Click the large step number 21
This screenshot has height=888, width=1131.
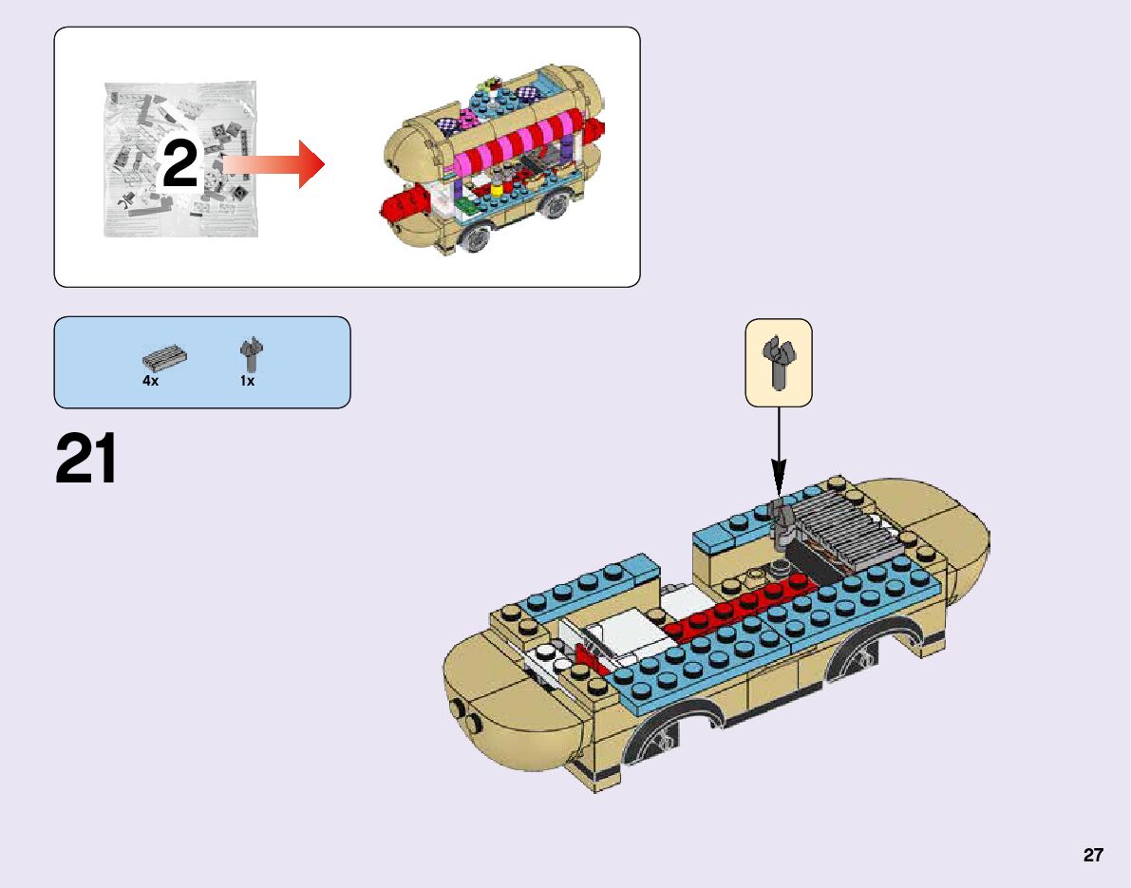pos(86,459)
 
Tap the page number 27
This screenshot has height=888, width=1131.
pos(1093,855)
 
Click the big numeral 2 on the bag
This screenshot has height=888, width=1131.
pos(179,165)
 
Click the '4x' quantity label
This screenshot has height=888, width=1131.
pos(150,380)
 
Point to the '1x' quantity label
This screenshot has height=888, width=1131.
pos(247,380)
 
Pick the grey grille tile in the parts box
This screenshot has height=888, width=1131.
pos(164,358)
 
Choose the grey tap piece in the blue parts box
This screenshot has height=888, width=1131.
pos(251,354)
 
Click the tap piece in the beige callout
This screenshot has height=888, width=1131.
pos(779,361)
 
